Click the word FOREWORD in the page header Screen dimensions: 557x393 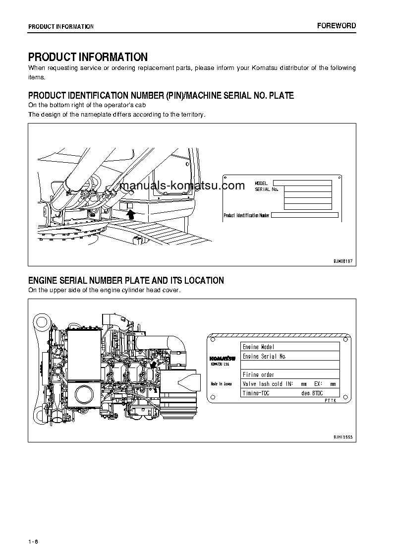point(337,26)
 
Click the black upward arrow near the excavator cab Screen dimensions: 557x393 point(131,214)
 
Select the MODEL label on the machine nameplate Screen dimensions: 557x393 point(261,183)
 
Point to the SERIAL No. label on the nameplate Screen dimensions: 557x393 point(267,189)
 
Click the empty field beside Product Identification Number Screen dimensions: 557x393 point(304,215)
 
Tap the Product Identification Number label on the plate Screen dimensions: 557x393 point(246,215)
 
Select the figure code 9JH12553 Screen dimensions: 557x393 point(342,436)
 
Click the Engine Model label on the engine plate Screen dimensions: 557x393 point(258,347)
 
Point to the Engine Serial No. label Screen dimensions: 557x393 point(264,356)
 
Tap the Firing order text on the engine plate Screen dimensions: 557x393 point(258,374)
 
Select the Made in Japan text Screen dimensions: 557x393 point(221,384)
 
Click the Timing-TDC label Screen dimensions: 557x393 point(256,393)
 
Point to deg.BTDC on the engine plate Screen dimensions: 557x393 point(312,393)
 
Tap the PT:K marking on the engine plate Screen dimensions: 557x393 point(330,400)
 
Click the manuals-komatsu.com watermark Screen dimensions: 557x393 point(182,186)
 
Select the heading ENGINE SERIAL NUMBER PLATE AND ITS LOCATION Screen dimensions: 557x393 point(126,281)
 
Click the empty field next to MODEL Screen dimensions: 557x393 point(302,183)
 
